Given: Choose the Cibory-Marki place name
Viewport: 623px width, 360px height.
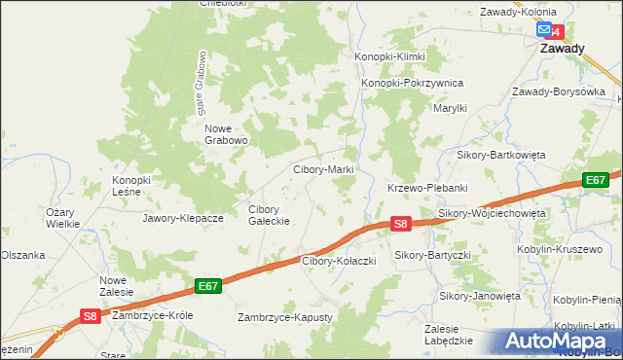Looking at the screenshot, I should pyautogui.click(x=323, y=169).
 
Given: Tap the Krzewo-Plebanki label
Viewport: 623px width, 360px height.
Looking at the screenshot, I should pyautogui.click(x=428, y=187).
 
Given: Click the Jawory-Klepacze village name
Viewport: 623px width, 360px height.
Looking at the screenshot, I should pyautogui.click(x=183, y=218).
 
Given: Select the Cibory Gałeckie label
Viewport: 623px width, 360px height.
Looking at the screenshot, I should pyautogui.click(x=270, y=215).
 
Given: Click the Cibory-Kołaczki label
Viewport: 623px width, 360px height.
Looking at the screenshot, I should pyautogui.click(x=339, y=261).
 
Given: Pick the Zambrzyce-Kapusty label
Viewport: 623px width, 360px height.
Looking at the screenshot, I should pyautogui.click(x=286, y=317).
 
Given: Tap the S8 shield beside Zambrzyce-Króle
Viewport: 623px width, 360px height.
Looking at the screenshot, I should pyautogui.click(x=89, y=315).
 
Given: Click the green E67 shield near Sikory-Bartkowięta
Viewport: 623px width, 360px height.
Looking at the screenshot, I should pyautogui.click(x=596, y=180).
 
